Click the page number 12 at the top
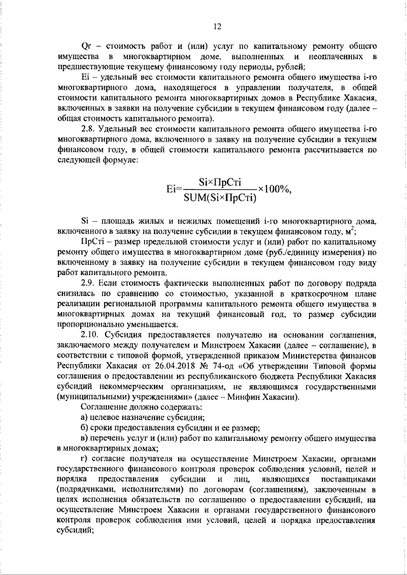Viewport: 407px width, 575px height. point(217,26)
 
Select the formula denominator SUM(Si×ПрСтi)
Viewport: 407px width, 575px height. point(219,197)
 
